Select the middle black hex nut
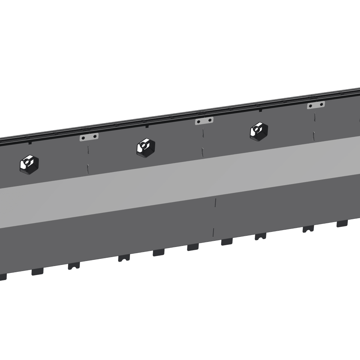tap(146, 147)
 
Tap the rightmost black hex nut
tap(258, 131)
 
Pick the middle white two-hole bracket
tap(204, 121)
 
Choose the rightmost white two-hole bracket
tap(316, 105)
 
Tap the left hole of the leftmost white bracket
tap(84, 138)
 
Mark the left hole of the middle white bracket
tap(199, 122)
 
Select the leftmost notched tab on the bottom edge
tap(74, 266)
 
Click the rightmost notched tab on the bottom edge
tap(308, 229)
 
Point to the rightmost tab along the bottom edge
tap(342, 224)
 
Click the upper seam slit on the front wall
tap(215, 202)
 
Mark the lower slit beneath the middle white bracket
tap(203, 152)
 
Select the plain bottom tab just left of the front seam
tap(193, 247)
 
